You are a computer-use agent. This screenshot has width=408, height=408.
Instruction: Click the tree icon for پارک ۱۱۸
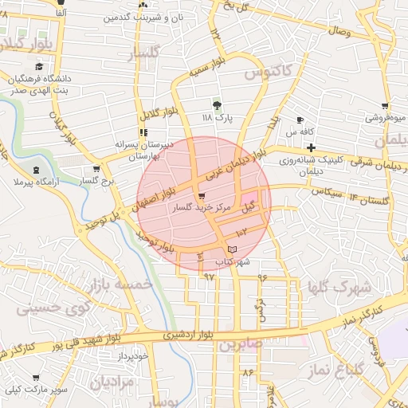pyautogui.click(x=217, y=104)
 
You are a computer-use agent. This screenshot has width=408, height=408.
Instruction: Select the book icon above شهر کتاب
pyautogui.click(x=232, y=250)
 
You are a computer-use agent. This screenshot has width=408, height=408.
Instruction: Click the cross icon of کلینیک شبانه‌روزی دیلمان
pyautogui.click(x=311, y=147)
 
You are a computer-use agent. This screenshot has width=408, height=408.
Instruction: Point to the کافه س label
pyautogui.click(x=296, y=131)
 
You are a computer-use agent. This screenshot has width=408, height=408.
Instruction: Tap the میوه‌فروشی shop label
pyautogui.click(x=386, y=118)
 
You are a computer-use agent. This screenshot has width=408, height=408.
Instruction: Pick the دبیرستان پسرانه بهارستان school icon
pyautogui.click(x=143, y=133)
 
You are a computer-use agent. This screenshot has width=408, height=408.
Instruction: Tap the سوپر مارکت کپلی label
pyautogui.click(x=35, y=390)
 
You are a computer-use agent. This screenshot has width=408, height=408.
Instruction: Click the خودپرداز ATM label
pyautogui.click(x=131, y=356)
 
